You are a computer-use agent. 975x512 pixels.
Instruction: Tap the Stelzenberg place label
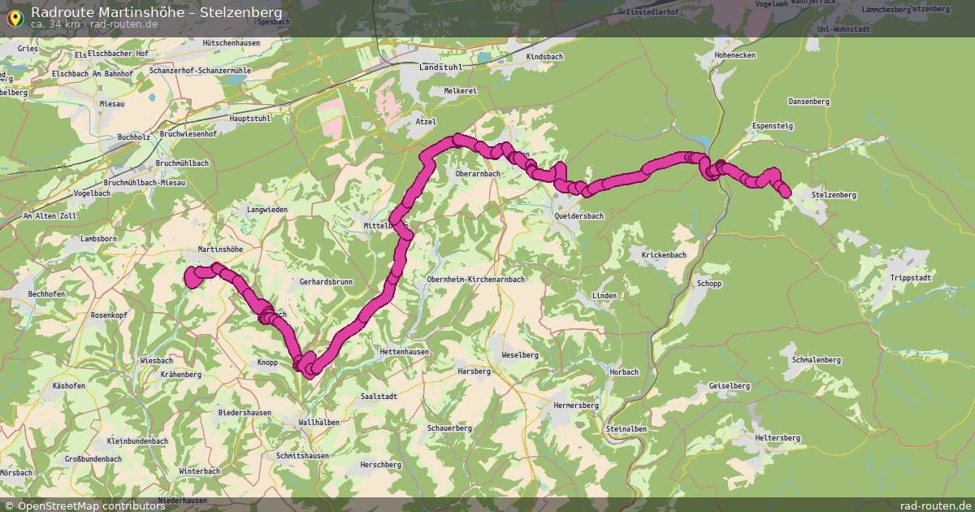[834, 195]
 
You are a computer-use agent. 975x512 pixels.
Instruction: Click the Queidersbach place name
[578, 216]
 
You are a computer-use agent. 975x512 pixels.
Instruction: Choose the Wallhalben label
[319, 423]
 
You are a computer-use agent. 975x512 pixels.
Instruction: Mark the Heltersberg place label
[778, 438]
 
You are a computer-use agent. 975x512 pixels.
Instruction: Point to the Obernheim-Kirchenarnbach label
[475, 279]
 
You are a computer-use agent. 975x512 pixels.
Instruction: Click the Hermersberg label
[575, 405]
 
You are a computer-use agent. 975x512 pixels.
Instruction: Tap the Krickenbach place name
[664, 255]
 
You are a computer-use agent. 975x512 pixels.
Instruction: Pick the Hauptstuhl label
[232, 118]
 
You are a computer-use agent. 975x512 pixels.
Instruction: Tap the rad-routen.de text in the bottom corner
[936, 505]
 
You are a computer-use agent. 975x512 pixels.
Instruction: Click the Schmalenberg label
[815, 359]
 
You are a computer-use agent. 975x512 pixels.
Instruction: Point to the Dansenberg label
[808, 102]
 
